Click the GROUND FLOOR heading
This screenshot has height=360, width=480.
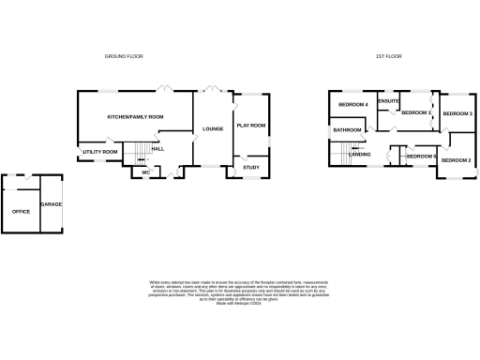tap(123, 56)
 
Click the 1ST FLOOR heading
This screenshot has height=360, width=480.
tap(387, 56)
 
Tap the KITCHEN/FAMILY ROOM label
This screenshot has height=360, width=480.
tap(135, 117)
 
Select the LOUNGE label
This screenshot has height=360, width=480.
tap(212, 128)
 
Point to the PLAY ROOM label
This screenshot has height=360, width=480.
tap(251, 125)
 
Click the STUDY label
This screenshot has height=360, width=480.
tap(250, 167)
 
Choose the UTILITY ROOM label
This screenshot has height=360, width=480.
tap(99, 151)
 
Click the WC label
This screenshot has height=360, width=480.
tap(146, 172)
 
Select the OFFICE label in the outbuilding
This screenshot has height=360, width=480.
tap(21, 211)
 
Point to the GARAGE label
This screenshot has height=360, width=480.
tap(50, 203)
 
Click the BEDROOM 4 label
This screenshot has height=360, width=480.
tap(352, 104)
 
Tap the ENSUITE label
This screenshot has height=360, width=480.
tap(388, 100)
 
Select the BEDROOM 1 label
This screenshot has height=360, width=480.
tap(415, 112)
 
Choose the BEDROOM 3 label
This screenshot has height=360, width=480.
tap(457, 113)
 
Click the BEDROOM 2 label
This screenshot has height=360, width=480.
tap(456, 160)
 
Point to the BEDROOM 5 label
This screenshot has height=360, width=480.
tap(421, 156)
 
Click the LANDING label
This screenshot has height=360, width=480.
tap(360, 154)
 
